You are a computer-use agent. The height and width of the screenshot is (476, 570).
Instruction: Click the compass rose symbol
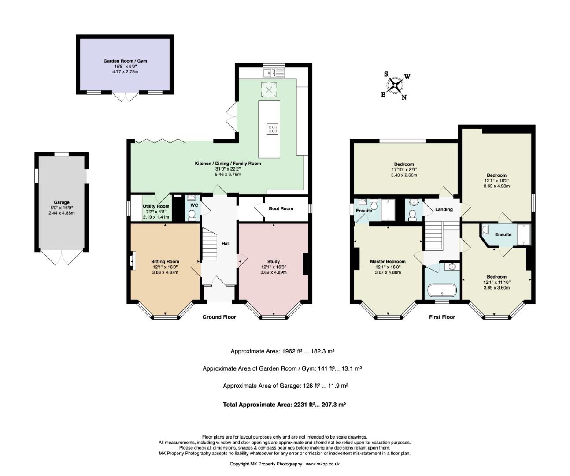pos(395,86)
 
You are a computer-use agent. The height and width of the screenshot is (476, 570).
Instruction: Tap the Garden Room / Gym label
pos(125,61)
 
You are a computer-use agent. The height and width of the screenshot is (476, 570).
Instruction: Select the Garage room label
pos(61,202)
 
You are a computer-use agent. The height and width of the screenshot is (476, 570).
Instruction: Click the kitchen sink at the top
pos(273,73)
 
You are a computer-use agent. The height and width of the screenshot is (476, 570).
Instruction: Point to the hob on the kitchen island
pos(272,129)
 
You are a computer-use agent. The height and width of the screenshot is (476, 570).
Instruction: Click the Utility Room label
pos(156,206)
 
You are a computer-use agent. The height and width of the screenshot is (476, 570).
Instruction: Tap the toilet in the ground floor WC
pos(193,215)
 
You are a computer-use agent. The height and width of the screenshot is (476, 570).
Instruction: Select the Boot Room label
pos(281,208)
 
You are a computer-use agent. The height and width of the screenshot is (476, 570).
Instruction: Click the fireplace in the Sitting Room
pos(133,261)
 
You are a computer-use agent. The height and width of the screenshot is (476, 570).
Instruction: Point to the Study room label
pos(274,262)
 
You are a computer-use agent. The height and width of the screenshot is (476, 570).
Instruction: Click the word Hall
pos(226,244)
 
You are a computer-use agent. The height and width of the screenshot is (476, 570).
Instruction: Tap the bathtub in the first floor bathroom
pos(442,290)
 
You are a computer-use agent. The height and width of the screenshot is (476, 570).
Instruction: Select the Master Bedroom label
pos(388,261)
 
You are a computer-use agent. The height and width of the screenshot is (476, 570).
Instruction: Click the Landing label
pos(444,209)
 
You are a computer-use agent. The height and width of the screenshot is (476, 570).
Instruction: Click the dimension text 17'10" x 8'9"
pos(404,170)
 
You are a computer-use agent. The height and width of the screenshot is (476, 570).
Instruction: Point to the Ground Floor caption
pos(219,317)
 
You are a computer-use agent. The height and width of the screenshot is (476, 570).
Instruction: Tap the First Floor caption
pos(442,317)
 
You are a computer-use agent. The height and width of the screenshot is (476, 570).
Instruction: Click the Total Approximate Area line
pos(284,405)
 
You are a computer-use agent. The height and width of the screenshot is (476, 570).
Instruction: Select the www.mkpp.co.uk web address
pos(323,464)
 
